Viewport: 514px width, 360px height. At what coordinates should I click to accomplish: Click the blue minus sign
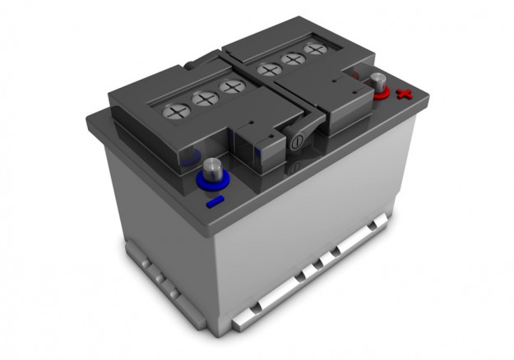pyautogui.click(x=215, y=201)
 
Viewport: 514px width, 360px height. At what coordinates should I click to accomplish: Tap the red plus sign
pyautogui.click(x=403, y=95)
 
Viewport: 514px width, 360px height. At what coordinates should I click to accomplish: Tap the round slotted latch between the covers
pyautogui.click(x=295, y=141)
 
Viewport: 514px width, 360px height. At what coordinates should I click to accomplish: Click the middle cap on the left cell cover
pyautogui.click(x=203, y=99)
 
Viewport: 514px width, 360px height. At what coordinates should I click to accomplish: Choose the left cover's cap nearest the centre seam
pyautogui.click(x=232, y=86)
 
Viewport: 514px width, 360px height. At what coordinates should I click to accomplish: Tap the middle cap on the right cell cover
pyautogui.click(x=291, y=59)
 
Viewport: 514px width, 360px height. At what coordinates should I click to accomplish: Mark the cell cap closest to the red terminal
pyautogui.click(x=314, y=49)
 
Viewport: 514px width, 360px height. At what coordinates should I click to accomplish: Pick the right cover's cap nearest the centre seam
pyautogui.click(x=269, y=69)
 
